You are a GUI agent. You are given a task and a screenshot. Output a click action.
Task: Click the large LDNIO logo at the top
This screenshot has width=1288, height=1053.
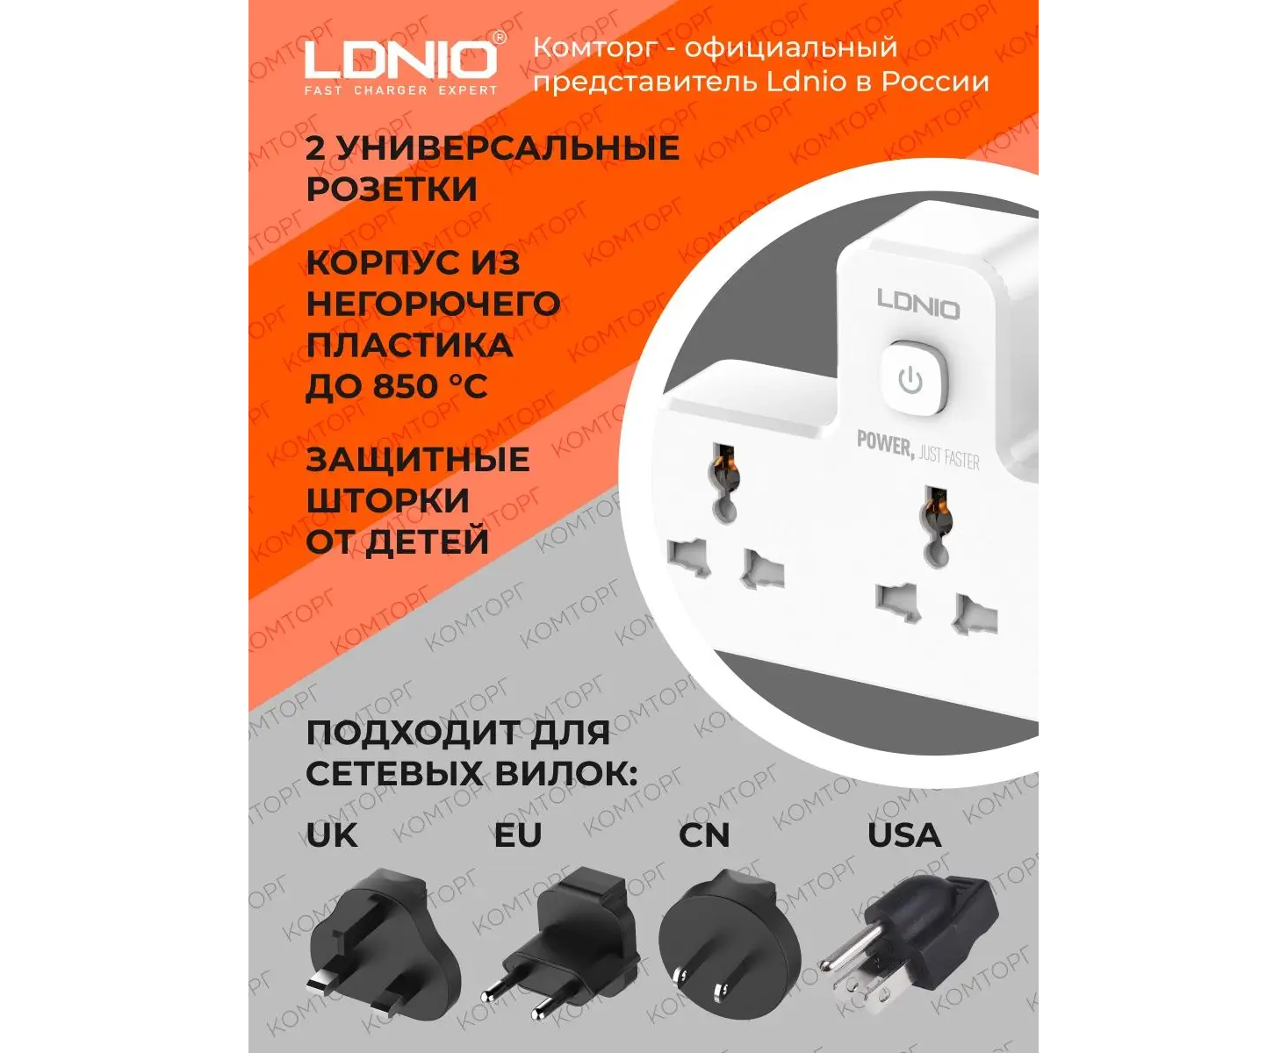[400, 59]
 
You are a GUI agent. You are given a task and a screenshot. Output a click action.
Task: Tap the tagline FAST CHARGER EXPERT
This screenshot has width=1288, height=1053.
[400, 90]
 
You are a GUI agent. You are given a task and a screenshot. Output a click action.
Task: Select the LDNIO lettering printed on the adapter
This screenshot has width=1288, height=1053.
[918, 304]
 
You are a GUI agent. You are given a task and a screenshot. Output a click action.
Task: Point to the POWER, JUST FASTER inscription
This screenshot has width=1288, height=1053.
[917, 450]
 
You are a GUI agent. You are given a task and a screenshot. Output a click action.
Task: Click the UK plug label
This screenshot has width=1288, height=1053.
[332, 835]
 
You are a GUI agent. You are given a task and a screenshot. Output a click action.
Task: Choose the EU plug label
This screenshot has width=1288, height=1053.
[518, 835]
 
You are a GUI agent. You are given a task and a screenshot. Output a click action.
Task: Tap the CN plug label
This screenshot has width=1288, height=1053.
[704, 835]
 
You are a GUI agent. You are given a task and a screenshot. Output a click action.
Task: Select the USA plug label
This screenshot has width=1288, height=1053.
[904, 835]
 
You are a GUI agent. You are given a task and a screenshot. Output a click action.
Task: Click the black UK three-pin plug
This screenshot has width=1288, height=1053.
[385, 946]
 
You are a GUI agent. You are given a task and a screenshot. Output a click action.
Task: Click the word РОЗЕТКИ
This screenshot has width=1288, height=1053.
[392, 190]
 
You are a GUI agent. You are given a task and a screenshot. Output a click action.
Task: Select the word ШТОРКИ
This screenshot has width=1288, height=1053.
[388, 500]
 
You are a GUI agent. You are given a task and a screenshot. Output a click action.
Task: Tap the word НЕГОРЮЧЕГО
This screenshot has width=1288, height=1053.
[433, 304]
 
